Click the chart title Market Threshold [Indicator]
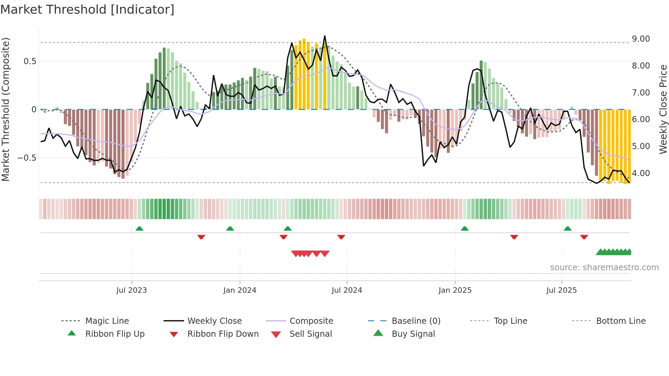(87, 10)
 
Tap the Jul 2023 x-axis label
(131, 290)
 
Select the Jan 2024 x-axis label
(240, 290)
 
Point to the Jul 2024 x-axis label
(347, 290)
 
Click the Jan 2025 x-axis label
(455, 290)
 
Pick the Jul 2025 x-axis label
(561, 290)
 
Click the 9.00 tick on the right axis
(641, 39)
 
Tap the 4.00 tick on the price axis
(641, 173)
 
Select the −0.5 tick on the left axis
(27, 158)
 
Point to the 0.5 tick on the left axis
(30, 61)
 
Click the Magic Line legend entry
(107, 321)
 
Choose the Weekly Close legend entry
(214, 321)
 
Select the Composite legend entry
(311, 321)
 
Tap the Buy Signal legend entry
(413, 334)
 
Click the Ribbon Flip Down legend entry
(223, 334)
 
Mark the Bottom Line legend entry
(621, 321)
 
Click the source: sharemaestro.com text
(604, 267)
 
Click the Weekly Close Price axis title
(663, 109)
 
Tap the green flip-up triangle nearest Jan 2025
(465, 229)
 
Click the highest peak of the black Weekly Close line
(325, 36)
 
